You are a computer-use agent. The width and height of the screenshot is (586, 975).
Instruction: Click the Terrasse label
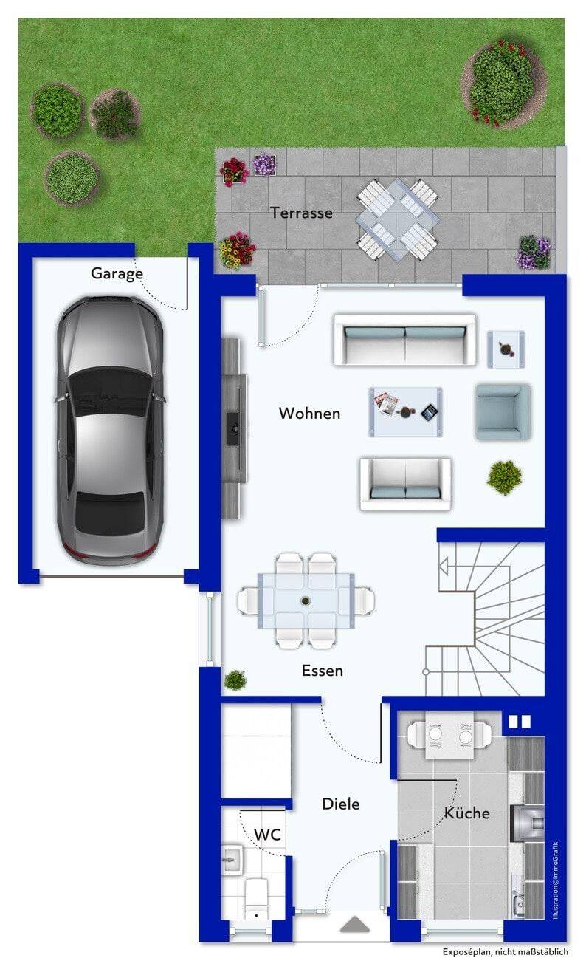point(301,213)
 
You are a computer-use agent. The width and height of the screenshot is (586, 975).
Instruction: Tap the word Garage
point(117,274)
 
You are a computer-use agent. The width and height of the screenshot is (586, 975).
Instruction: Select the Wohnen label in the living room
point(309,413)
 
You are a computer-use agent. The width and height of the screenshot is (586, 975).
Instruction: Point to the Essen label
point(323,671)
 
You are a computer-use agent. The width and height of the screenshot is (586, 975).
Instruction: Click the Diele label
point(341,804)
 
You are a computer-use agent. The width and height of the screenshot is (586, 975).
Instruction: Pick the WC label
point(267,835)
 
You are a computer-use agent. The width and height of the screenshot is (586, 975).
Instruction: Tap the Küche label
point(466,812)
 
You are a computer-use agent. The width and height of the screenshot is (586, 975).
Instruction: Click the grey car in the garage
point(111,430)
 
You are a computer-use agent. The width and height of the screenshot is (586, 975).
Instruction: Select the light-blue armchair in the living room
point(503,411)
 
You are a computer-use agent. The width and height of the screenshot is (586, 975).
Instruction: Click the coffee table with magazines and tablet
point(405,411)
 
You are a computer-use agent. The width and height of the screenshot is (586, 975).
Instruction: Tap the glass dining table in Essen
point(306,601)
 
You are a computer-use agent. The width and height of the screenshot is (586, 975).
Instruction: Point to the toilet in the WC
point(255,898)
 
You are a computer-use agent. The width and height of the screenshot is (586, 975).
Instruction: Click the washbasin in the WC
point(232,860)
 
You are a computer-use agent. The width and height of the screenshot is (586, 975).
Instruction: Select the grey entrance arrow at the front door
point(355,925)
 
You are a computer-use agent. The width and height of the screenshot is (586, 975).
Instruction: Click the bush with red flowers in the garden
point(503,83)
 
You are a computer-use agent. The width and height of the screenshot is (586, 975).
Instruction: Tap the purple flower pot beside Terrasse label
point(264,164)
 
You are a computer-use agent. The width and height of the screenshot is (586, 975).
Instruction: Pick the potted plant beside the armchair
point(504,477)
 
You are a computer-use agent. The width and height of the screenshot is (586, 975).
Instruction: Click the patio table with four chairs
point(397,220)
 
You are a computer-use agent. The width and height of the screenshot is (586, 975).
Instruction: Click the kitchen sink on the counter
point(519,899)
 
